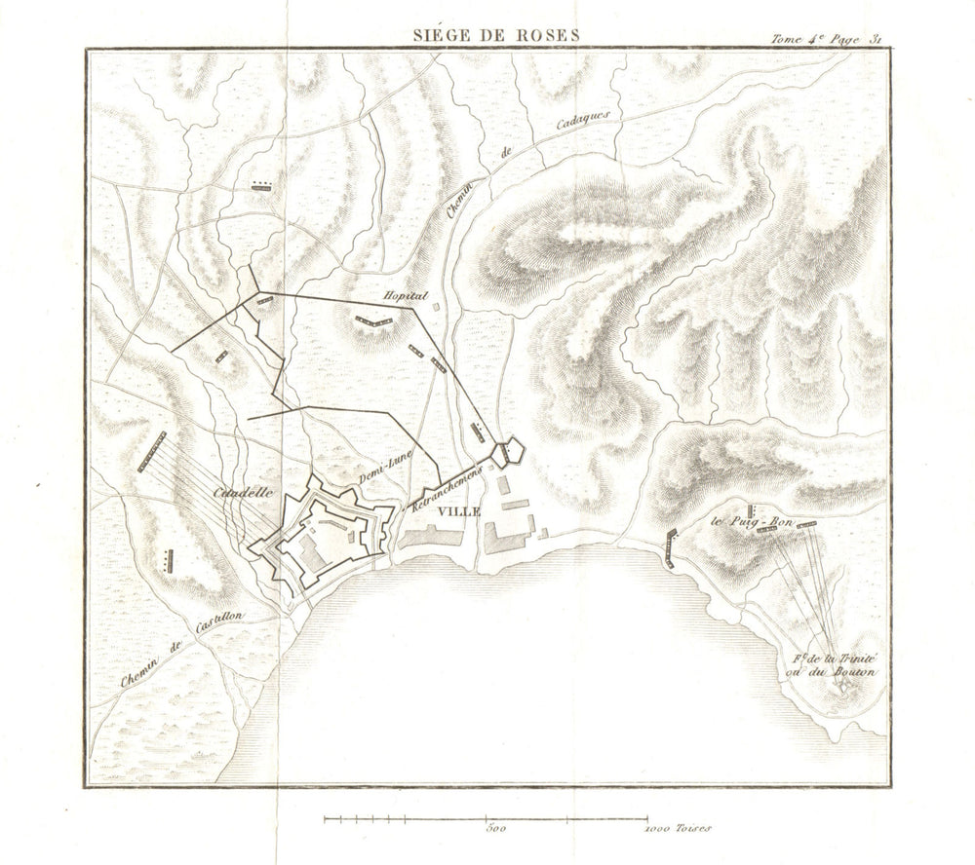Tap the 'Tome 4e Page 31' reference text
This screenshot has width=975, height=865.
point(826,39)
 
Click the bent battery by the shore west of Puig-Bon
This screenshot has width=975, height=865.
point(670,547)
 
